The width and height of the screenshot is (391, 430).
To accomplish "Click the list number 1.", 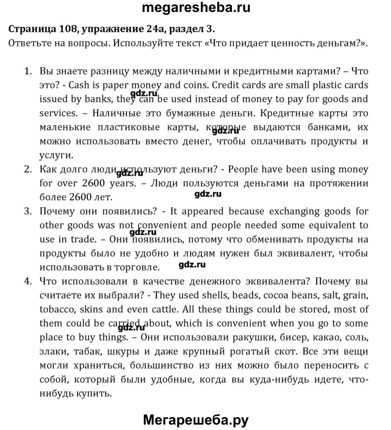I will pos(27,71).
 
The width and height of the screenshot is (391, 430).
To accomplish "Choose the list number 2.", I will pos(27,169).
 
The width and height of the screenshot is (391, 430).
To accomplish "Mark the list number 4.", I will pos(27,281).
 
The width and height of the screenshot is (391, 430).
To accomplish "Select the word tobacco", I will pos(58,310).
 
